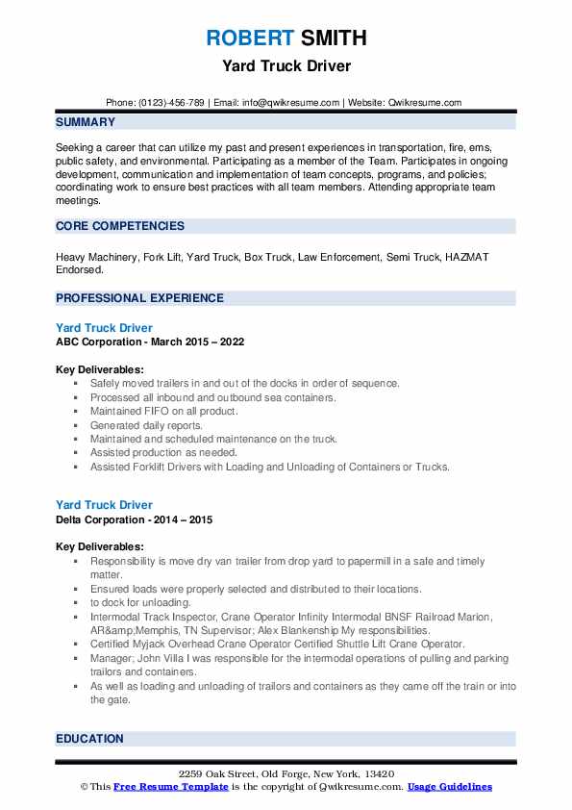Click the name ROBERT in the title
click(x=247, y=38)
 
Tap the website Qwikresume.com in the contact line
click(x=424, y=102)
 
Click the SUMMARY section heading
click(x=86, y=122)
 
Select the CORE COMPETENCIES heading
click(x=120, y=226)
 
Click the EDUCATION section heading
click(x=89, y=739)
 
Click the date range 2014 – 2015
click(x=186, y=519)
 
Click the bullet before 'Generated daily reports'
click(x=76, y=425)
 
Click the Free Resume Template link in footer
click(x=158, y=787)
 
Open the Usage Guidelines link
click(x=450, y=787)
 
